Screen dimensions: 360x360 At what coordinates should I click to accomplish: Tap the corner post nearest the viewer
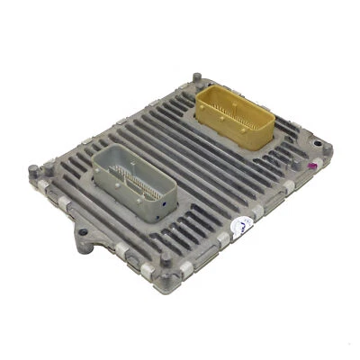166,263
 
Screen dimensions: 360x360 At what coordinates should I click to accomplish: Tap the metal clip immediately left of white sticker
216,238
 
